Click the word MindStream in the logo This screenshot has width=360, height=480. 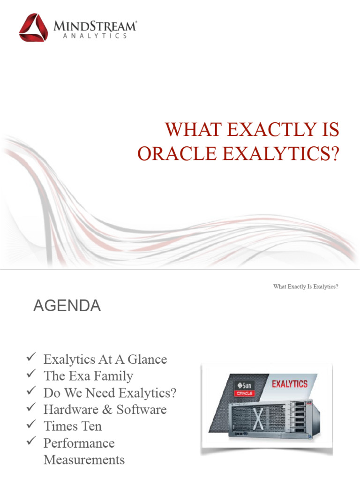94,26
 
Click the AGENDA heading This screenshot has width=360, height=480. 67,306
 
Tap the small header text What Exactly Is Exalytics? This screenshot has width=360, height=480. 306,286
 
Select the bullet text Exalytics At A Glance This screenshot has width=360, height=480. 105,360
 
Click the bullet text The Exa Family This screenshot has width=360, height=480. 88,376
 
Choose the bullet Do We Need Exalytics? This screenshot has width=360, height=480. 110,393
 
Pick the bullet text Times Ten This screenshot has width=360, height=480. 72,426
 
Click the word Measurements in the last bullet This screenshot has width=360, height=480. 84,460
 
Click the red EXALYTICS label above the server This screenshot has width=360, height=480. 290,384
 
